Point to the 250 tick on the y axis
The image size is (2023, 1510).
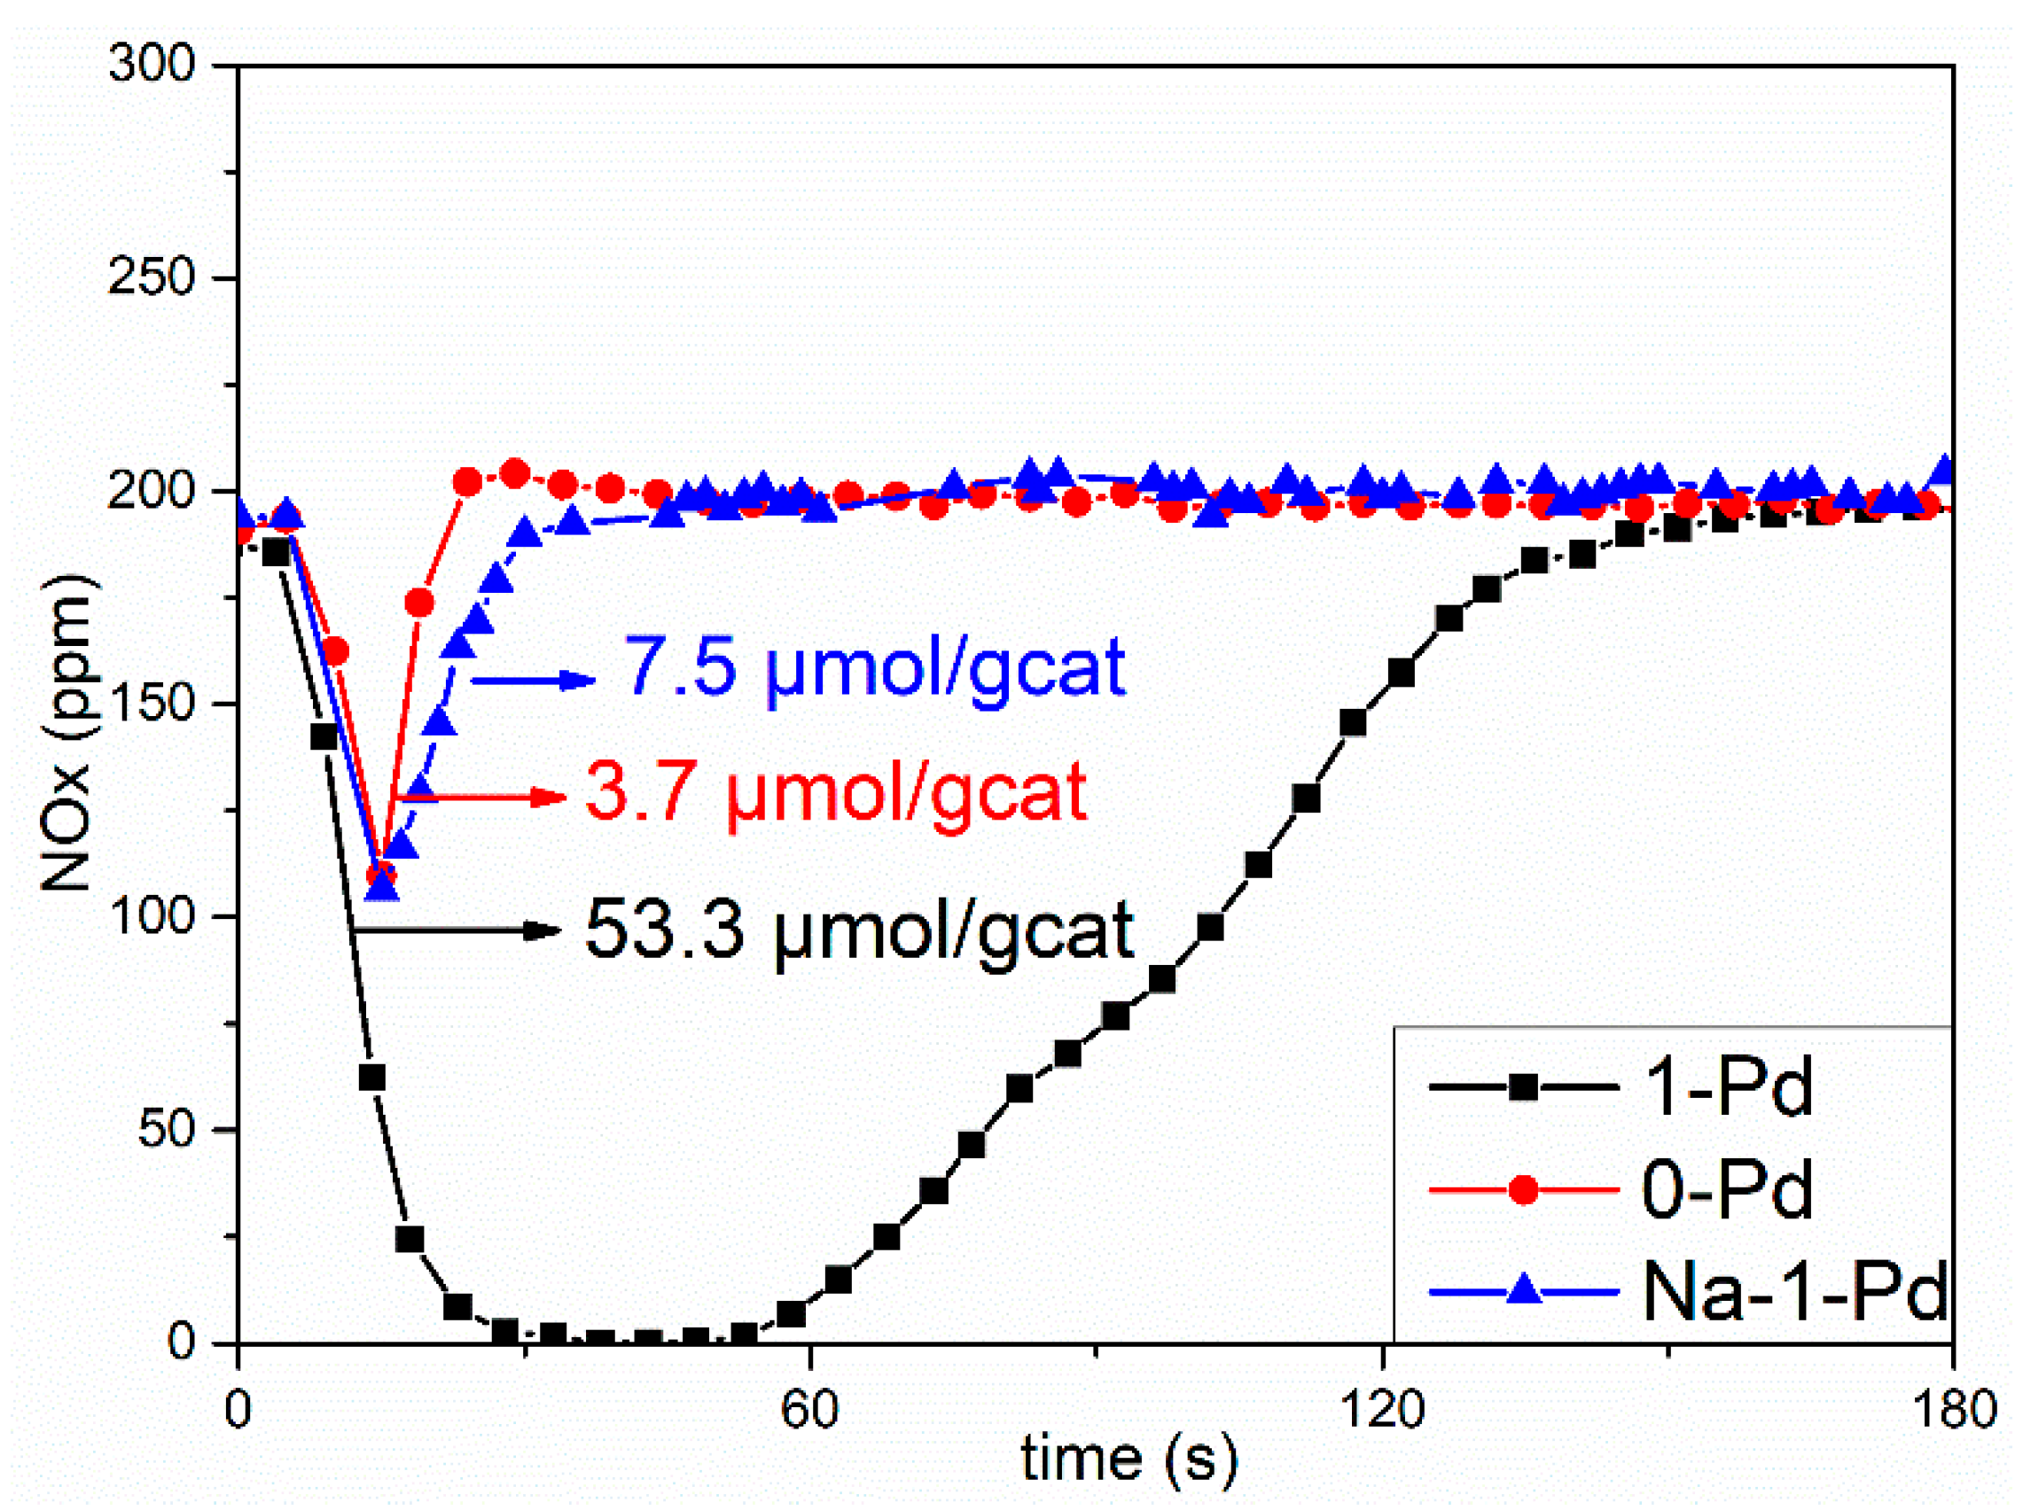[x=152, y=277]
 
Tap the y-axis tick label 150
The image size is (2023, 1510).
[x=152, y=704]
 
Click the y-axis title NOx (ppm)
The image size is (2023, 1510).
[x=68, y=731]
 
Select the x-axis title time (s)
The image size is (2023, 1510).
[x=1129, y=1459]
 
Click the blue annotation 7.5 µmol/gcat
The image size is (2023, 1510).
[x=873, y=667]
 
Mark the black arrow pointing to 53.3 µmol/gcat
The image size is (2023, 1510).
[x=457, y=930]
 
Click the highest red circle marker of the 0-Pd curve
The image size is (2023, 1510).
[x=516, y=473]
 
